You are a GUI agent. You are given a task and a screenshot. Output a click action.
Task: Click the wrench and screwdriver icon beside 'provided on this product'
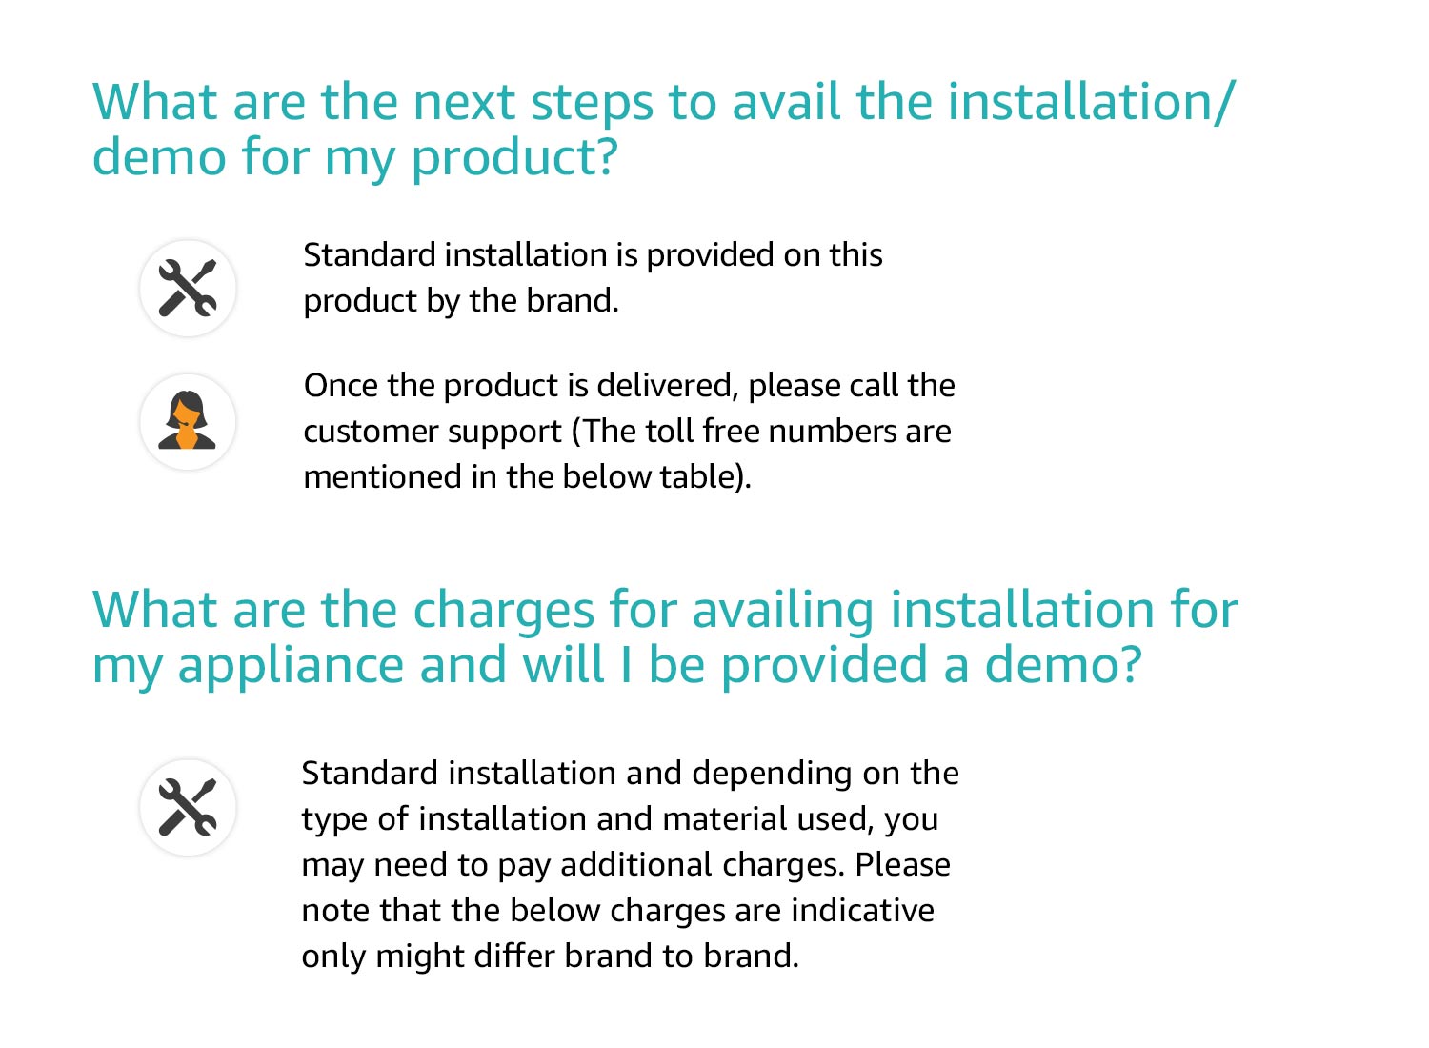click(188, 288)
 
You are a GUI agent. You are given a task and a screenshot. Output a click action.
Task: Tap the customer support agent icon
click(188, 421)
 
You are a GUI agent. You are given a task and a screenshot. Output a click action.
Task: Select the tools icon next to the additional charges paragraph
click(188, 807)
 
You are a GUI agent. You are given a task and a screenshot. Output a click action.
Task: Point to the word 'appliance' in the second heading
click(290, 665)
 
